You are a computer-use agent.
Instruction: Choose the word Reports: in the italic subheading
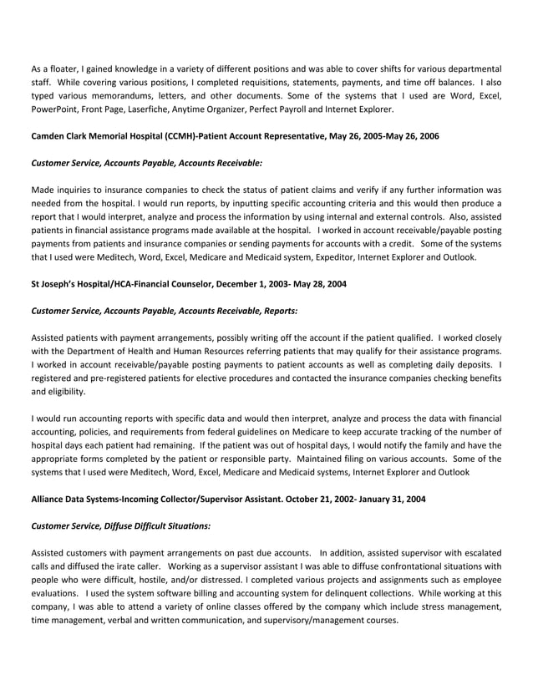pos(276,311)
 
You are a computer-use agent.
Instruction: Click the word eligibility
pos(63,391)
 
